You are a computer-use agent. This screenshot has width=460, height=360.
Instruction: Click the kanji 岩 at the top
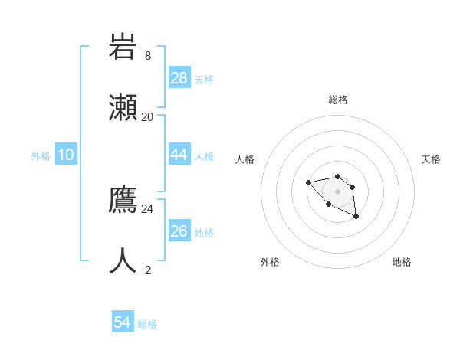(x=123, y=48)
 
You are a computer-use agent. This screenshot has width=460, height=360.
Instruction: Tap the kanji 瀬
(x=123, y=106)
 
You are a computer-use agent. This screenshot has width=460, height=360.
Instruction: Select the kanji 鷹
(x=123, y=200)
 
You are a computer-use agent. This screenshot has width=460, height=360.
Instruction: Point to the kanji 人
(x=123, y=260)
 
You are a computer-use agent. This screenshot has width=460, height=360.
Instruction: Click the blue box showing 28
(x=179, y=77)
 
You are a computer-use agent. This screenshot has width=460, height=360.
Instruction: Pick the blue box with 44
(x=179, y=154)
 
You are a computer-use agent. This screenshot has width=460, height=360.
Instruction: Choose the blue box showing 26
(x=179, y=231)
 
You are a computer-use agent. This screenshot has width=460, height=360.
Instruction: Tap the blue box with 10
(x=66, y=155)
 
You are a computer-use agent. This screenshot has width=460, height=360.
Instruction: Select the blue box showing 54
(x=123, y=322)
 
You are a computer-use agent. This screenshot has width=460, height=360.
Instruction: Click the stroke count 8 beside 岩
(x=148, y=56)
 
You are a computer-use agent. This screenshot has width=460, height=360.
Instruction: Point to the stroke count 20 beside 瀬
(x=148, y=116)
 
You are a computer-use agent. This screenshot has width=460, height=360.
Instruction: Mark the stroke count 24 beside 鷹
(x=148, y=208)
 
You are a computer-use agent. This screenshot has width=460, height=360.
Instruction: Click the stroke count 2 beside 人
(x=148, y=270)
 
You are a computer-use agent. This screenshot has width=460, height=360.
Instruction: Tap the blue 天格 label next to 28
(x=204, y=80)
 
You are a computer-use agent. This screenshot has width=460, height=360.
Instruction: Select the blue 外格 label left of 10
(x=41, y=156)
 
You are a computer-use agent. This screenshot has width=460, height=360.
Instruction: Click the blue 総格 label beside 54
(x=147, y=324)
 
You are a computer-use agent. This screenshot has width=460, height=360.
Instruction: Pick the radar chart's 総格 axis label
(x=338, y=100)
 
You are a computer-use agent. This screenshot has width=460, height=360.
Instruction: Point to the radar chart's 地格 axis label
(x=402, y=262)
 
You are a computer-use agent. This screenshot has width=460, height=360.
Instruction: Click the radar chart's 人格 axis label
(x=245, y=159)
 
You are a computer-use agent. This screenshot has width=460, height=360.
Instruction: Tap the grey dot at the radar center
(x=337, y=191)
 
